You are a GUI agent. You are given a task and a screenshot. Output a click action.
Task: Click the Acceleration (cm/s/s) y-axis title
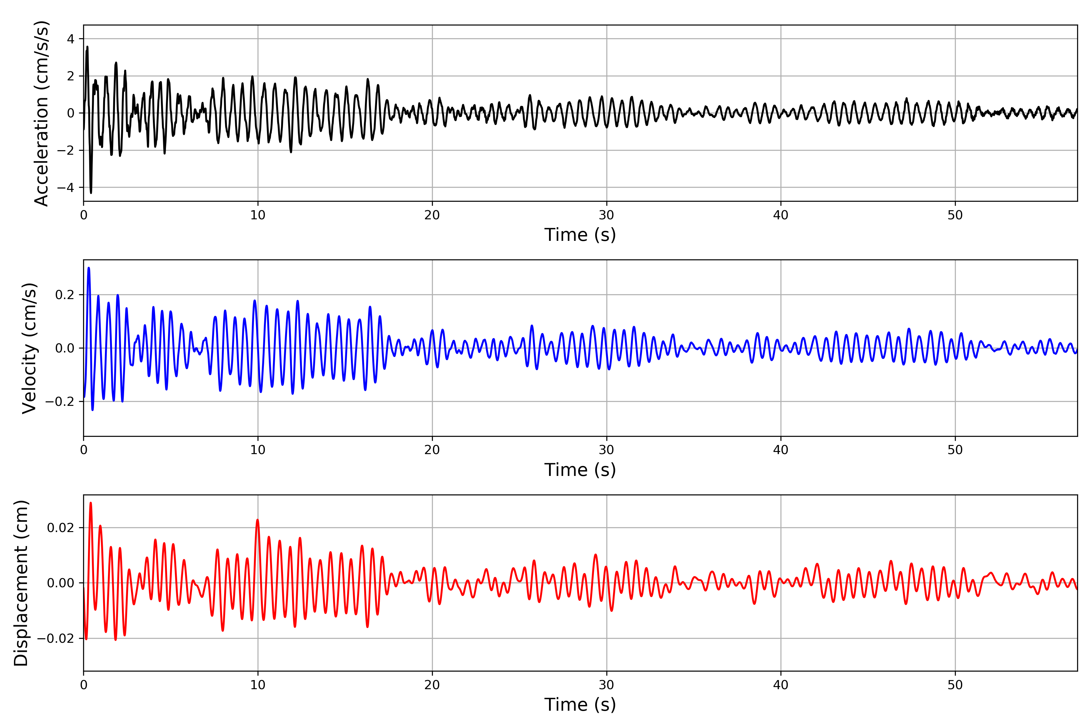[42, 113]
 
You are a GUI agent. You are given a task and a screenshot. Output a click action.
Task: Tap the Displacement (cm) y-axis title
[21, 583]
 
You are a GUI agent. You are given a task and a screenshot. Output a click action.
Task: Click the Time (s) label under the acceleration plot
[580, 235]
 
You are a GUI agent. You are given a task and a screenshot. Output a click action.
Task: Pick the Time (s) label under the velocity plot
[580, 470]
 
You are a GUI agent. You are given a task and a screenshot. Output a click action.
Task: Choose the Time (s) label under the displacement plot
[580, 705]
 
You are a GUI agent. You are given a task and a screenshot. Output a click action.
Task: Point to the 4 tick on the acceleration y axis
[71, 39]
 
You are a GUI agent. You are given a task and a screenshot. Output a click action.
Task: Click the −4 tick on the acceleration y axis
[66, 187]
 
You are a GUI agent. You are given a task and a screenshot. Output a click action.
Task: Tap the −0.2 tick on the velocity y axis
[59, 402]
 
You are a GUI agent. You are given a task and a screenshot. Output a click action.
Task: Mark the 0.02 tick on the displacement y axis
[60, 527]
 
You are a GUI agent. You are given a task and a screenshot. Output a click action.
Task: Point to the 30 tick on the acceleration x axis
[606, 215]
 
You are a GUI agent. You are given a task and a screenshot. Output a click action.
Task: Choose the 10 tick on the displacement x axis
[258, 685]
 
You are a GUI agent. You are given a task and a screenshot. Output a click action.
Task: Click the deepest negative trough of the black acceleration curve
[91, 192]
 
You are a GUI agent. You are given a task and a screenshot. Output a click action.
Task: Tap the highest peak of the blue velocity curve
[89, 268]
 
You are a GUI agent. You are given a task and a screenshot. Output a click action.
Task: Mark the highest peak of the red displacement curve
[90, 503]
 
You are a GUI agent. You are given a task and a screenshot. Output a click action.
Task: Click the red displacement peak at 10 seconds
[257, 520]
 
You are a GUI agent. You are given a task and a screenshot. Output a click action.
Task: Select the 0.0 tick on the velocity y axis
[65, 348]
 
